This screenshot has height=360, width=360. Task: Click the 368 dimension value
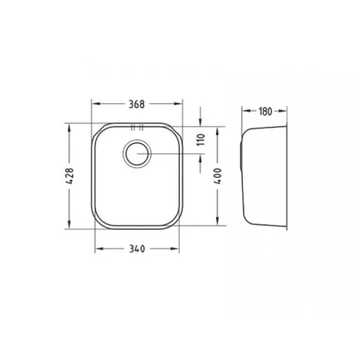coord(137,104)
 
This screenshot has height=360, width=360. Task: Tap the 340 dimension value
coord(137,249)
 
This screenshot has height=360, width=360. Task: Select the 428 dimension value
coord(69,176)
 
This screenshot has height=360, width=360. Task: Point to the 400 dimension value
coord(218,176)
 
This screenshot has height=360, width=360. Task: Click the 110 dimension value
coord(201,139)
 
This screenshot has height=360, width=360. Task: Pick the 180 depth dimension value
coord(265,111)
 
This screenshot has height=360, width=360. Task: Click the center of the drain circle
coord(137,154)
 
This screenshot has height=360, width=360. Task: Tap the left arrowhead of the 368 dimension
coord(96,104)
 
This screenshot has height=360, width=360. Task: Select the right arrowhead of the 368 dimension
coord(178,104)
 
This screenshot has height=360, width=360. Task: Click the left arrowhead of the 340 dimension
coord(99,249)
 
